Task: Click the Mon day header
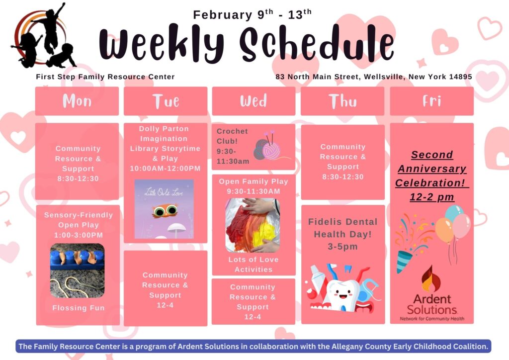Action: pos(77,101)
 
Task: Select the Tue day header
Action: pos(166,101)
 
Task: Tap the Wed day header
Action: pos(254,101)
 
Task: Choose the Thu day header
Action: pos(342,101)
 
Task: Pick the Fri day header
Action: pos(432,101)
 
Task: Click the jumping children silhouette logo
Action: pos(44,36)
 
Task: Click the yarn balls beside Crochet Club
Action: pos(267,147)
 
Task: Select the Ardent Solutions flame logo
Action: pos(431,278)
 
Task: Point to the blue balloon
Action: pos(454,213)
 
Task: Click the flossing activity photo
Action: pos(77,270)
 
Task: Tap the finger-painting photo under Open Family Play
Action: pos(253,225)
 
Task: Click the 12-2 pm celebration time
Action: pos(432,197)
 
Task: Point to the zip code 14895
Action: pos(461,77)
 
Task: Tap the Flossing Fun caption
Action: pos(79,308)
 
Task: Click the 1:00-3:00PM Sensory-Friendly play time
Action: pos(78,235)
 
